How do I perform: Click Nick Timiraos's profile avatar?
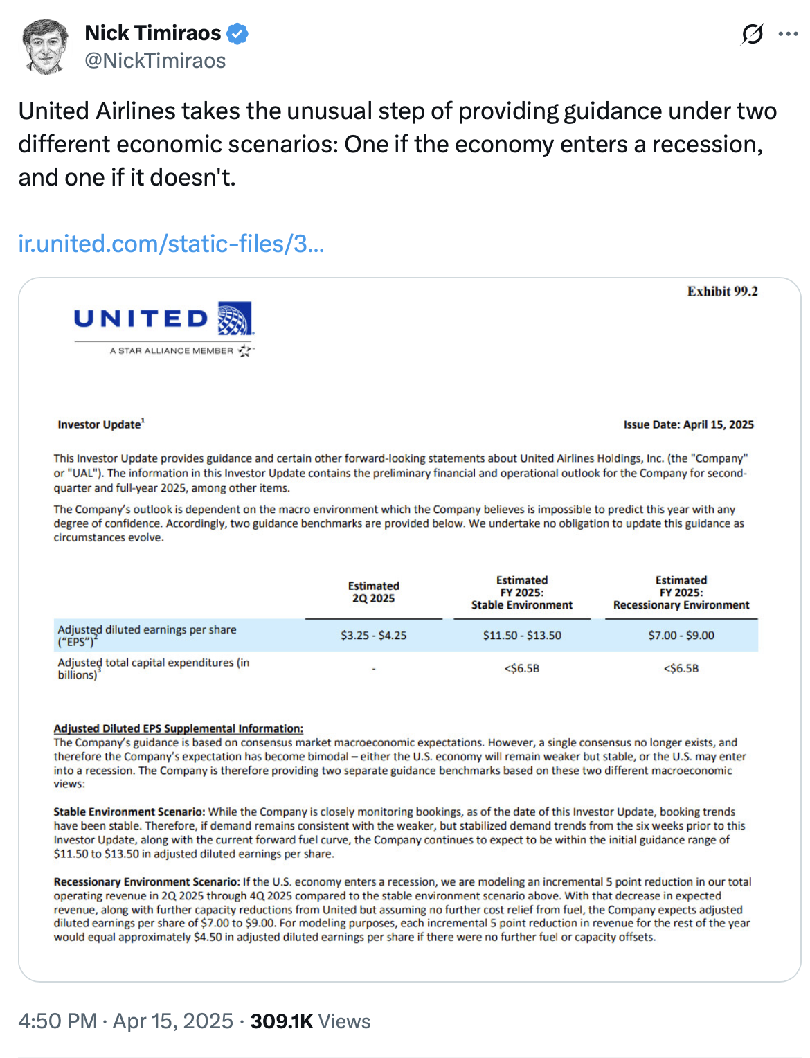tap(46, 46)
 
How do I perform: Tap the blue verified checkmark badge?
tap(237, 33)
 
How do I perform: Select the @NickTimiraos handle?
tap(155, 61)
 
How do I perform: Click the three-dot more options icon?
tap(788, 34)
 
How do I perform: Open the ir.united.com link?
tap(171, 244)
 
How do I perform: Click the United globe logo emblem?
tap(235, 319)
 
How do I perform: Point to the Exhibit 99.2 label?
tap(722, 292)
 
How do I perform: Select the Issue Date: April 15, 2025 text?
tap(688, 424)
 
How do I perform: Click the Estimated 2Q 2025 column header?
tap(373, 592)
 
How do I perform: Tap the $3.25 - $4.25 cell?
tap(373, 636)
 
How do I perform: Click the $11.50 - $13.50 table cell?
tap(522, 636)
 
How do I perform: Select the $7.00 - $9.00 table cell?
tap(681, 636)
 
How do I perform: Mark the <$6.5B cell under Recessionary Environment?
tap(681, 669)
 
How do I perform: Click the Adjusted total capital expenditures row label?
tap(153, 669)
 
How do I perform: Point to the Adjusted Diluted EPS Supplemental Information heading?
tap(179, 728)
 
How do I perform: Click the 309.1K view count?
tap(282, 1021)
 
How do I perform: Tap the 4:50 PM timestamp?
tap(57, 1021)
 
